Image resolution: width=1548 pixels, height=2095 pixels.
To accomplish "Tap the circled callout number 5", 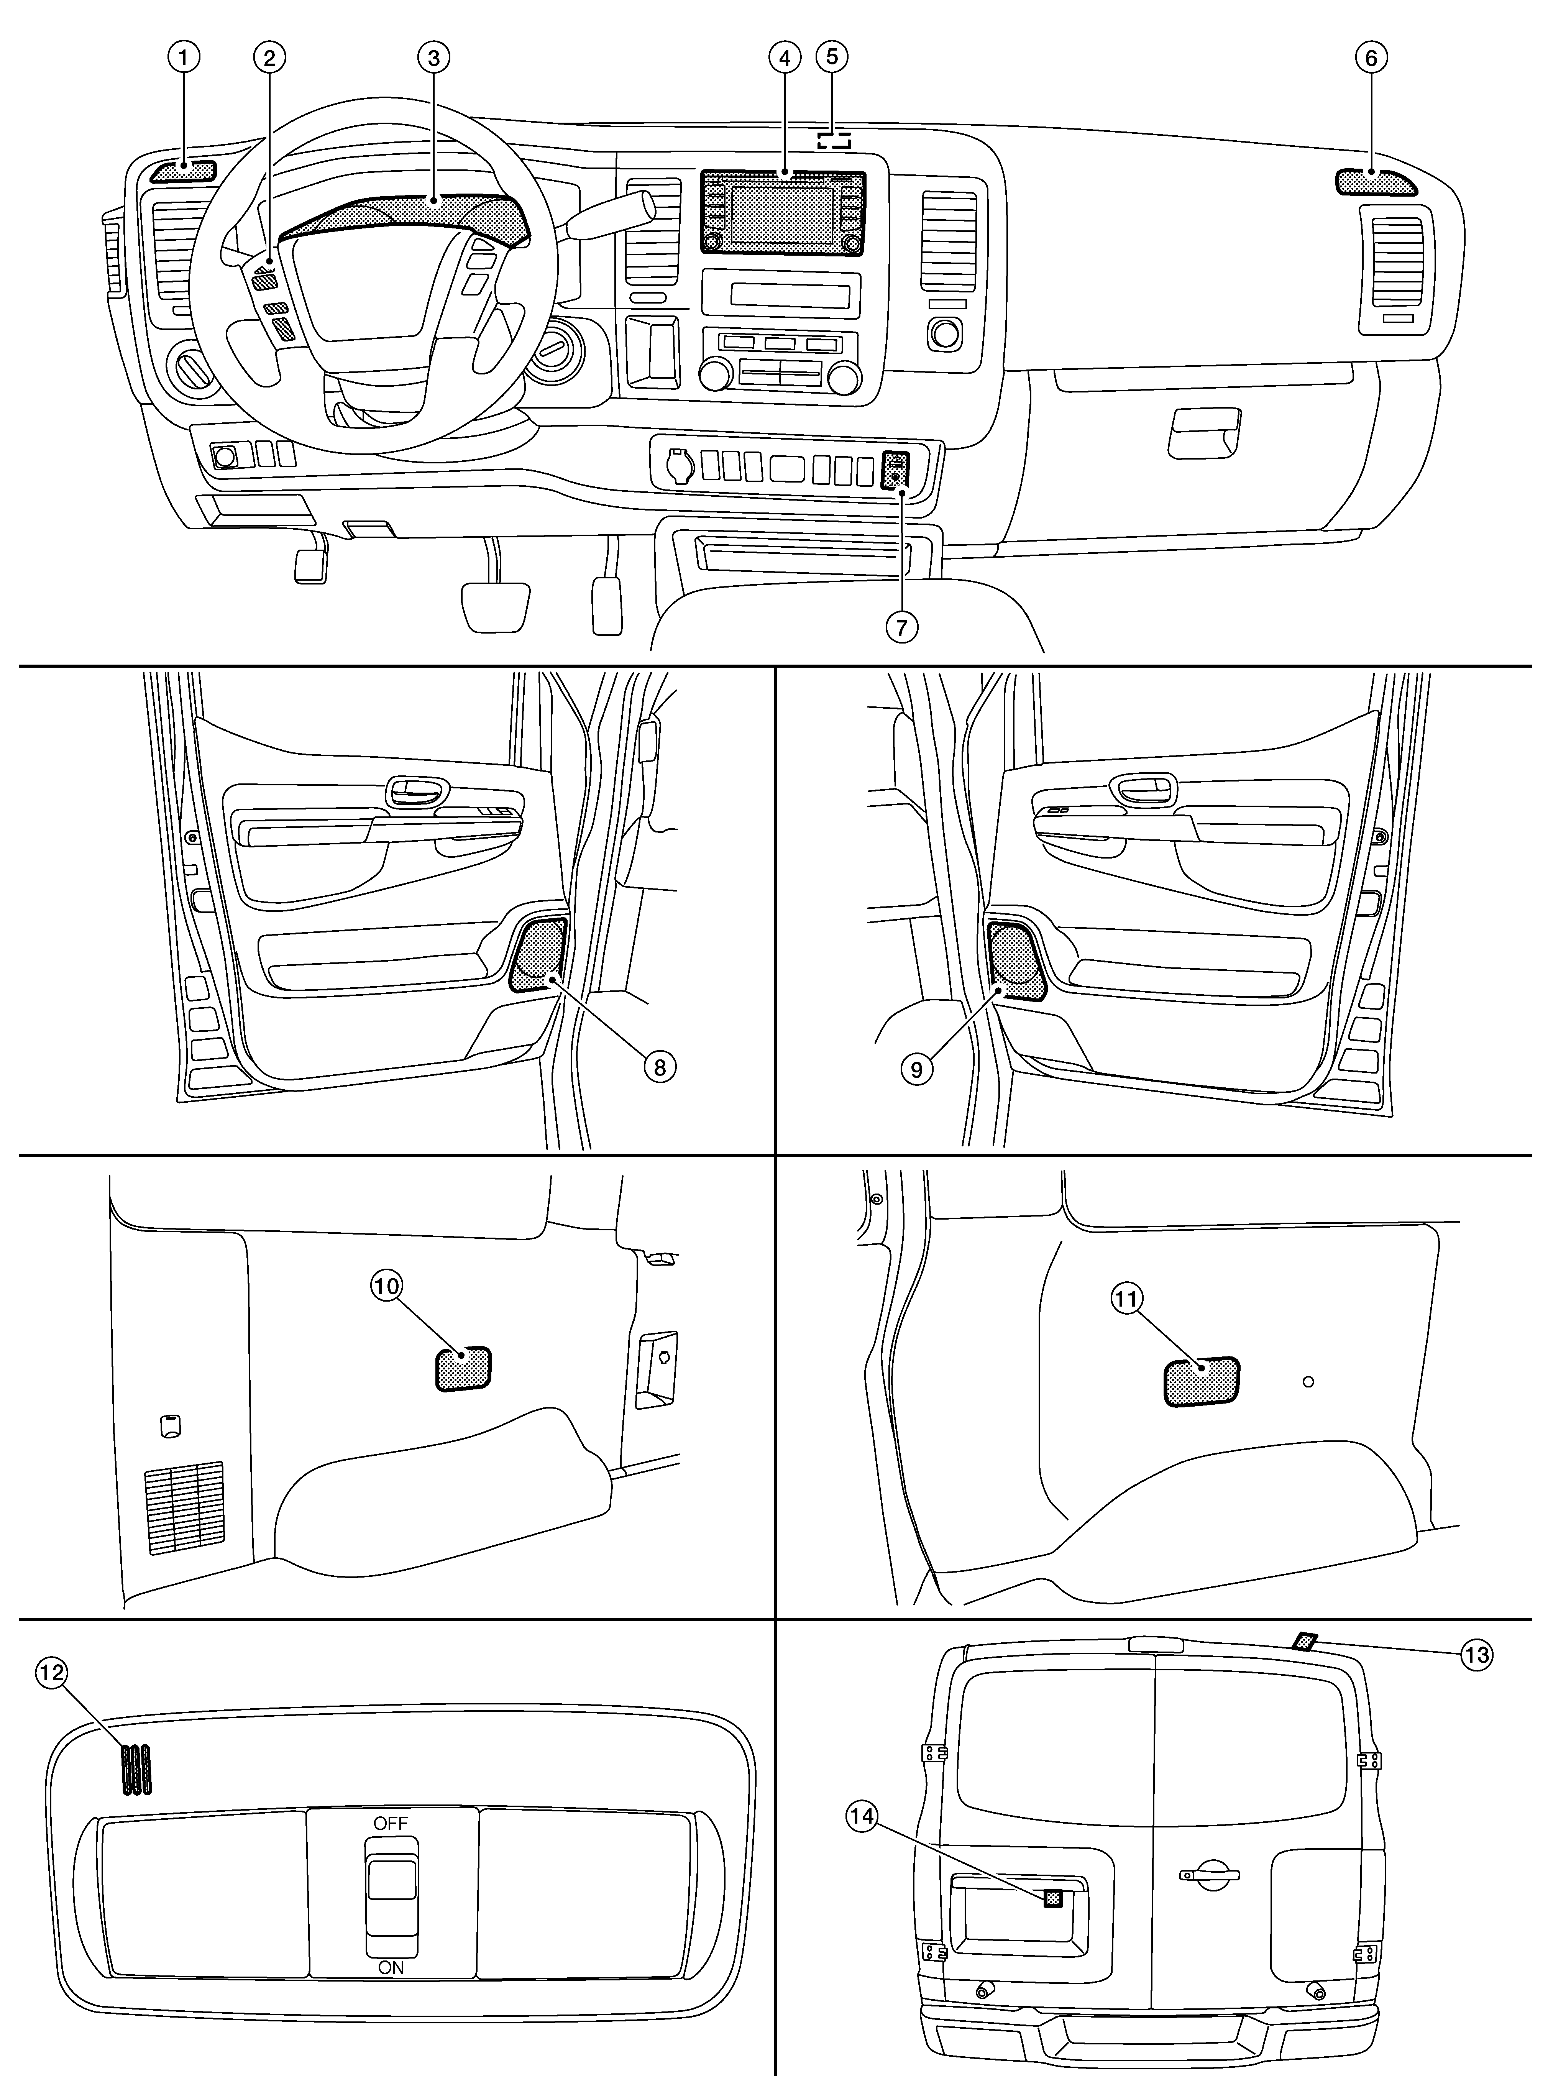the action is click(x=831, y=57).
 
